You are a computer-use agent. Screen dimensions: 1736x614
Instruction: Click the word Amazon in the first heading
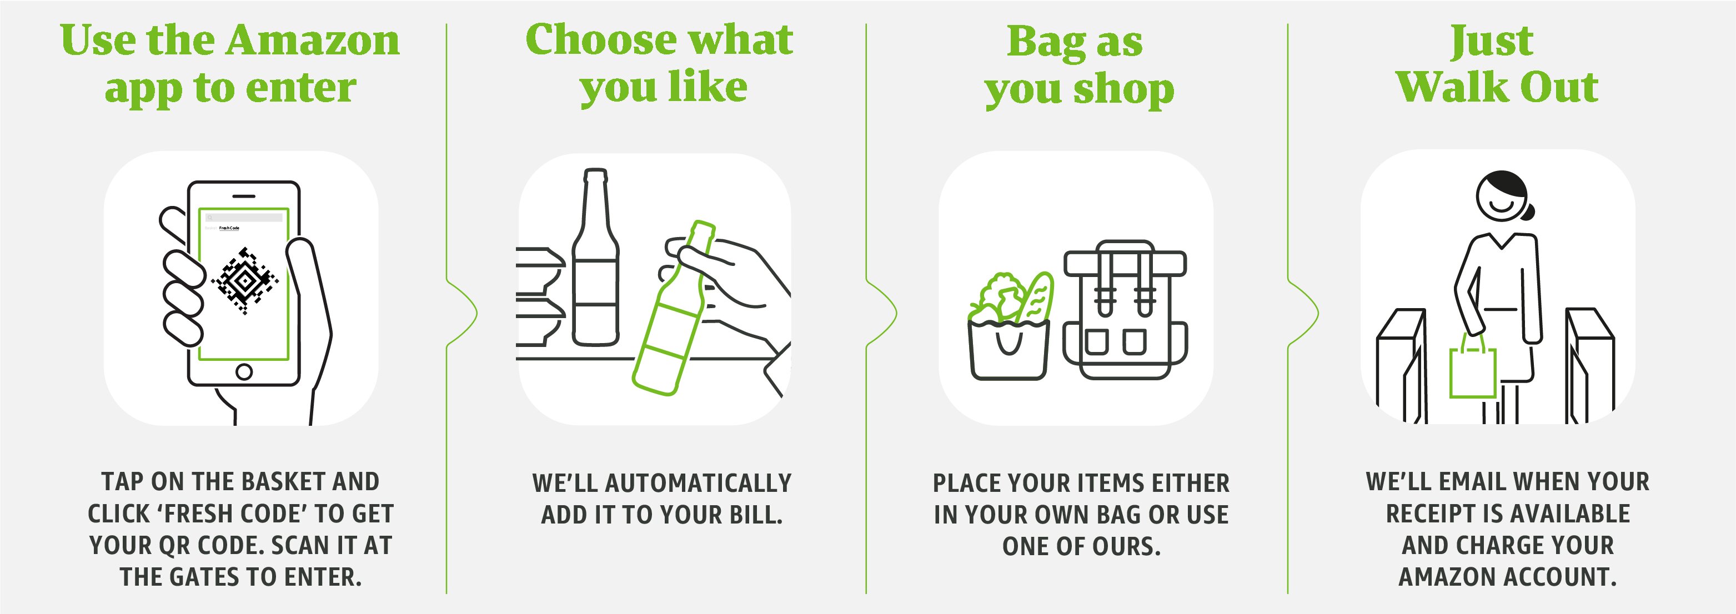coord(313,41)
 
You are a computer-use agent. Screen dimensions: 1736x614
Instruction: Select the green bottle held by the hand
coord(675,308)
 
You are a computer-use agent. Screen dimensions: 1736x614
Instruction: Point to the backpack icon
coord(1125,309)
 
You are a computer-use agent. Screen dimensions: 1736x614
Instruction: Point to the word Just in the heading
coord(1492,42)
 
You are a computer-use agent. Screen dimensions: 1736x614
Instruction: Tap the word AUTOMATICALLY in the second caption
coord(698,483)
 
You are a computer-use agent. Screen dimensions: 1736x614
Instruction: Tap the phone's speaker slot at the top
coord(244,195)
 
